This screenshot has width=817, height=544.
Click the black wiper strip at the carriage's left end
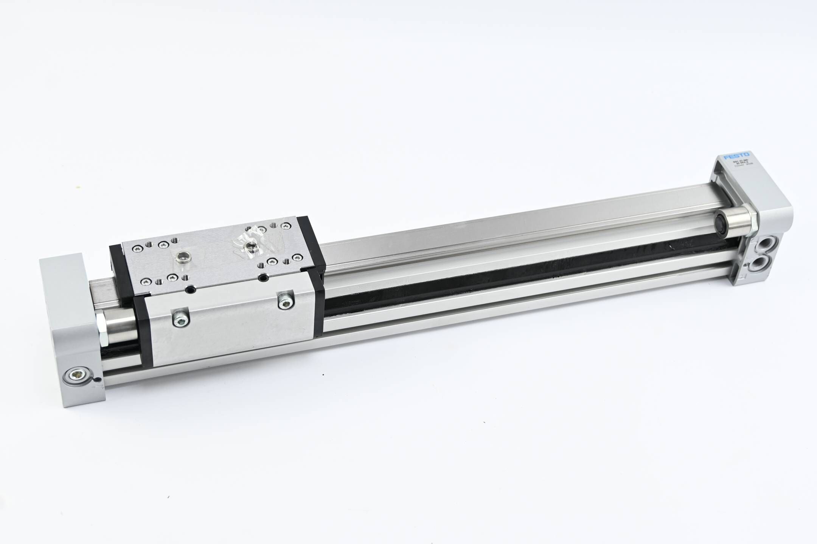tap(141, 324)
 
